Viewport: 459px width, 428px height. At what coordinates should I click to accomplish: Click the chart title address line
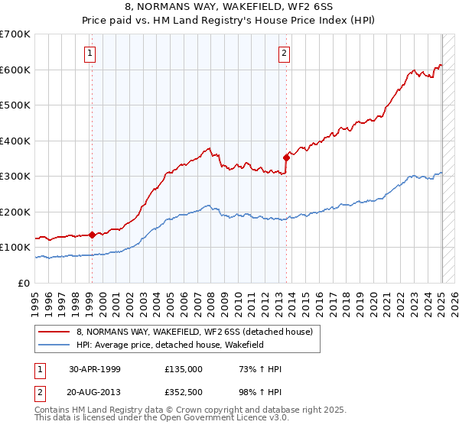pos(229,8)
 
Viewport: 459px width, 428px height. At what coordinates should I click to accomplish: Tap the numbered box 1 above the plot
pos(90,53)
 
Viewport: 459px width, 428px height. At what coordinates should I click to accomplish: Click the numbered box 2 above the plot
pos(284,53)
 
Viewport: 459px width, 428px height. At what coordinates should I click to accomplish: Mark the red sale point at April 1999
pos(92,235)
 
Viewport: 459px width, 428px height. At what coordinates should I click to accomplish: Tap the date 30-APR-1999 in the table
pos(95,368)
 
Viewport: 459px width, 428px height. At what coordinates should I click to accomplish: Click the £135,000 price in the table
pos(184,368)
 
